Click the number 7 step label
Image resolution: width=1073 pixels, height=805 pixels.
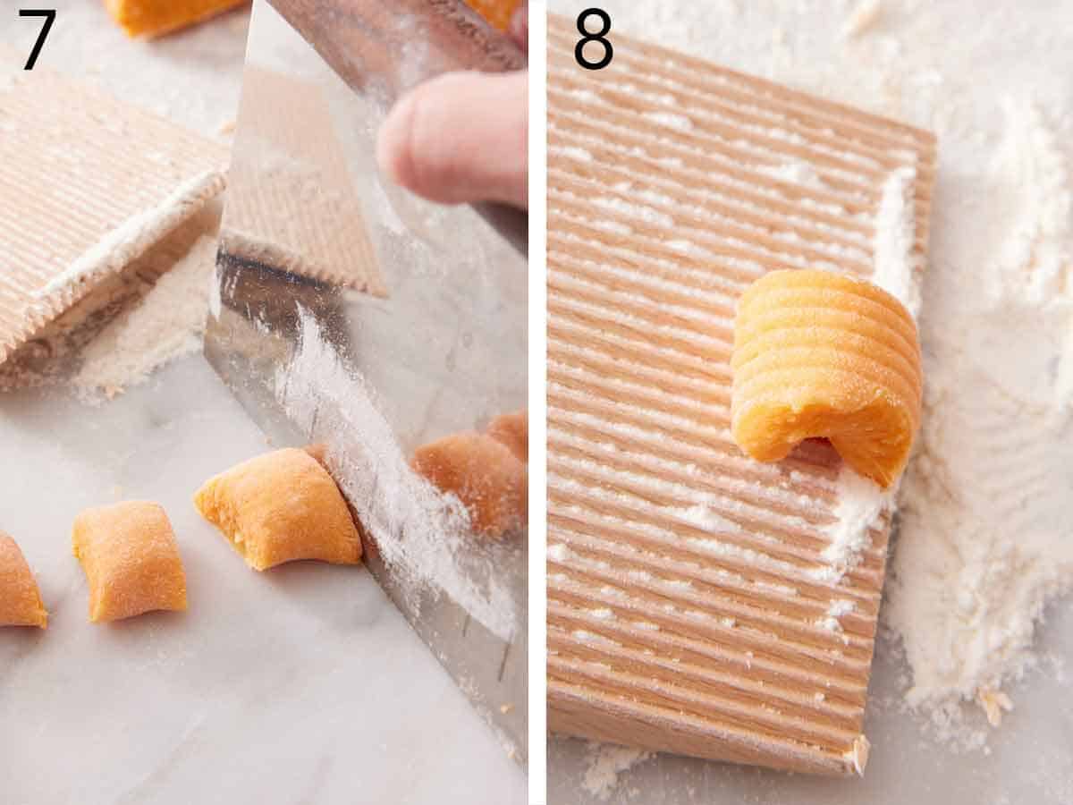click(x=38, y=39)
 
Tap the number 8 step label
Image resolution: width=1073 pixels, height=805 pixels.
click(x=593, y=39)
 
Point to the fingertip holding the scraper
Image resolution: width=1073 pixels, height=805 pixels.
click(x=447, y=139)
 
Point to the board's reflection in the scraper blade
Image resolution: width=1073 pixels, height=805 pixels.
click(x=295, y=188)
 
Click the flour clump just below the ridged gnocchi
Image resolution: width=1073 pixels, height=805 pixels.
click(x=854, y=519)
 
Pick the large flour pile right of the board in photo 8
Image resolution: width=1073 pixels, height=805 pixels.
click(x=975, y=537)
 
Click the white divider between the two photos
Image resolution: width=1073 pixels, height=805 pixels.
click(x=536, y=402)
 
